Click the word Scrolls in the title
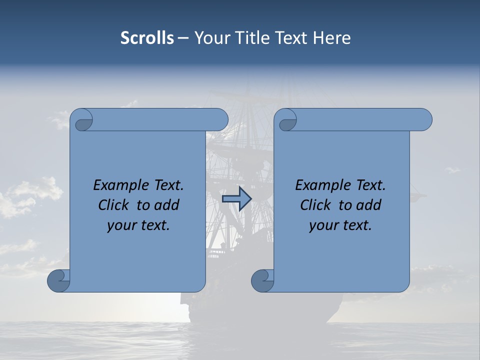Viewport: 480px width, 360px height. [147, 38]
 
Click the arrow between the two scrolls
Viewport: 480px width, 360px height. [236, 199]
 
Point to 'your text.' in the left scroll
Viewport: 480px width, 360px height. [138, 225]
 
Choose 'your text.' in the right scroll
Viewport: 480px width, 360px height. [340, 225]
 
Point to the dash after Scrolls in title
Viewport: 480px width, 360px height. [183, 38]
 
